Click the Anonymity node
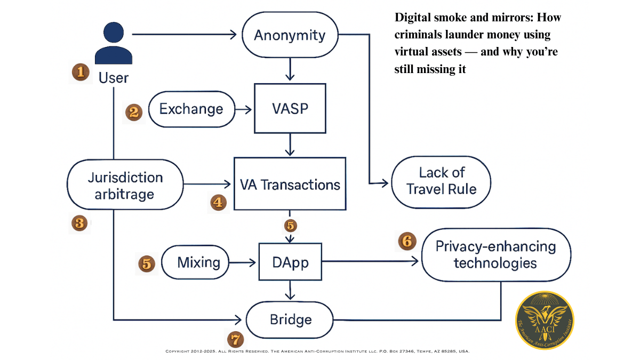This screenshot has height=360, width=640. pos(290,36)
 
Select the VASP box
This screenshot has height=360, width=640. pos(290,108)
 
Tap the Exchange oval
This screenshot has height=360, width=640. pos(191,109)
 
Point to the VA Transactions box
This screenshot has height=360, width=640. pos(290,185)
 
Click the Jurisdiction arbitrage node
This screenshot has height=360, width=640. pos(125,185)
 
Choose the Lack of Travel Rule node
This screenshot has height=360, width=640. pos(441,181)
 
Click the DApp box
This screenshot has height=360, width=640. pos(290,262)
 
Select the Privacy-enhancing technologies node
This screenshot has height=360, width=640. pos(495,255)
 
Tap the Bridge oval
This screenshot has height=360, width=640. pos(290,319)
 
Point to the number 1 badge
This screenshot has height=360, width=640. pos(80,71)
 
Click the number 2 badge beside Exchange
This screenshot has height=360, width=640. pos(134,111)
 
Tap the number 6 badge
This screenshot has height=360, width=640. pos(407,241)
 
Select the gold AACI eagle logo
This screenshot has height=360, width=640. pos(544,319)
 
